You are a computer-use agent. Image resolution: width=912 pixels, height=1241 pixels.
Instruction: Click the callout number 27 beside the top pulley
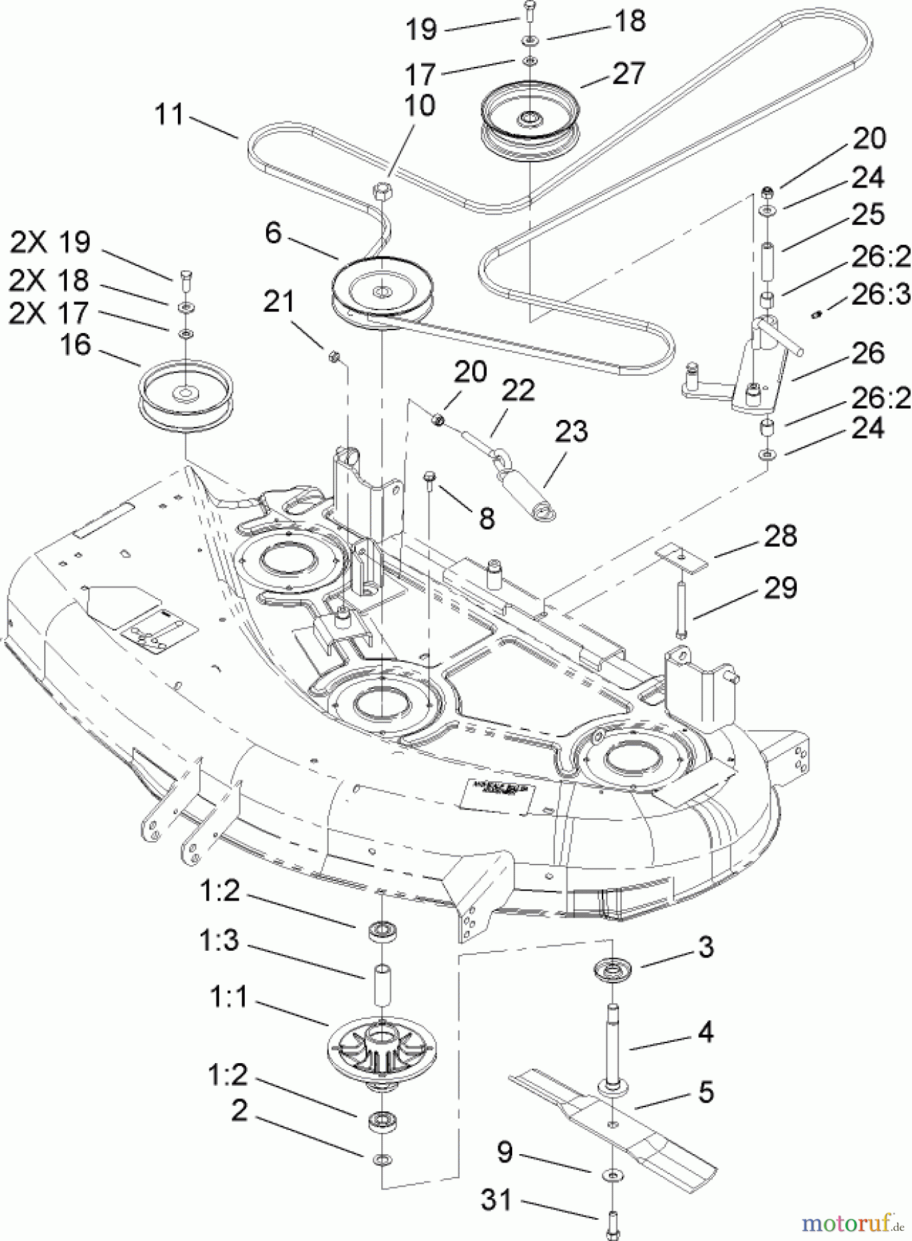[628, 74]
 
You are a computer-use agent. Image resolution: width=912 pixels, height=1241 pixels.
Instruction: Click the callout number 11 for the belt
[170, 114]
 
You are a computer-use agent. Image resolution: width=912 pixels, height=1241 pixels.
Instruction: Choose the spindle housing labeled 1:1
[381, 1049]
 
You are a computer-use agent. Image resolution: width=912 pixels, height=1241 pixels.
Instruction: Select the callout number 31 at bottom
[496, 1200]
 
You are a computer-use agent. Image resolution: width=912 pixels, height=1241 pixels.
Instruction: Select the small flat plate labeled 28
[681, 556]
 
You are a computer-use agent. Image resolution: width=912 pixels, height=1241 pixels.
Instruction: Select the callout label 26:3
[880, 294]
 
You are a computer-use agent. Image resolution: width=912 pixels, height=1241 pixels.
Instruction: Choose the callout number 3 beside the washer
[705, 947]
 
